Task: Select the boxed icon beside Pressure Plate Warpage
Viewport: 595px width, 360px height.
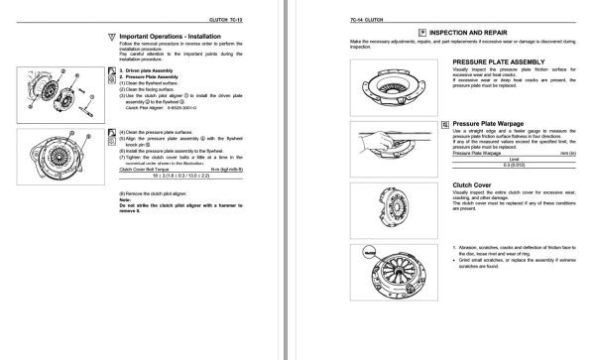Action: point(444,124)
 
